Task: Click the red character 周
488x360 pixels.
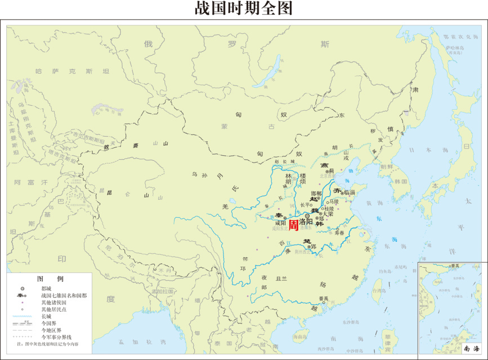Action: coord(294,225)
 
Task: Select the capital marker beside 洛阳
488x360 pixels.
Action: coord(307,215)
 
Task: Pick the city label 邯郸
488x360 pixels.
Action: coord(317,193)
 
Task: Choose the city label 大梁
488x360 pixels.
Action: coord(328,214)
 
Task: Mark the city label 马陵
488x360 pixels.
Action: coord(334,201)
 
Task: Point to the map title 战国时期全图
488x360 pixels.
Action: coord(244,8)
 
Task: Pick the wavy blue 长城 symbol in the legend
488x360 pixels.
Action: coord(22,316)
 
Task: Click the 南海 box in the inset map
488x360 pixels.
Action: coord(472,349)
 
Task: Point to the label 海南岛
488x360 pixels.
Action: coord(300,336)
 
